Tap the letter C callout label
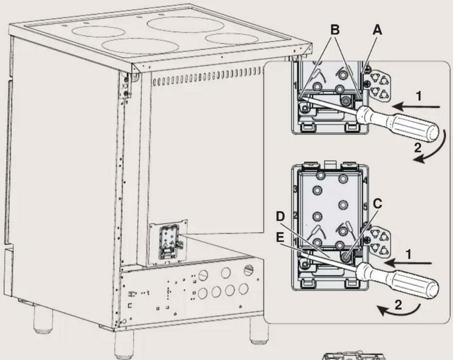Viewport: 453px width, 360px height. [x=378, y=204]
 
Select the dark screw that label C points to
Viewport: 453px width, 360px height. [x=344, y=257]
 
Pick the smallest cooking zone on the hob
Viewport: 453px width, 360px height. [x=224, y=38]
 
